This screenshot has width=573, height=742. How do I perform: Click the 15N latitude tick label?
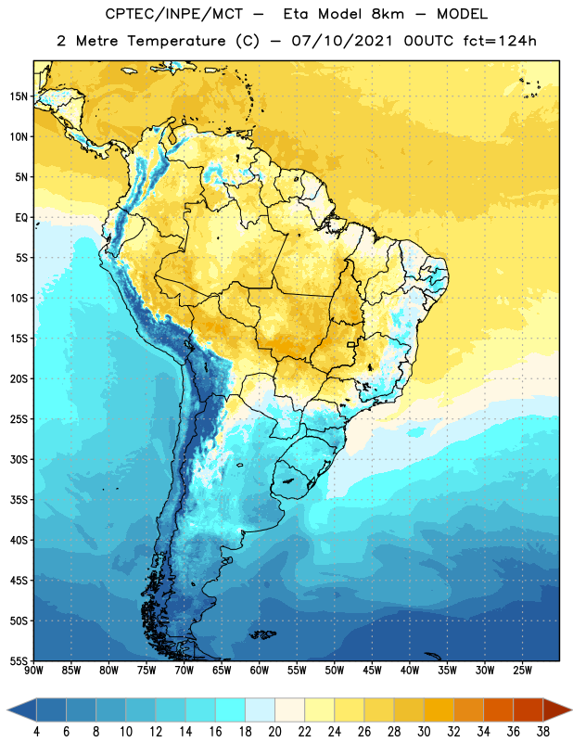pyautogui.click(x=19, y=96)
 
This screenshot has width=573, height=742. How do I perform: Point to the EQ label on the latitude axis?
pyautogui.click(x=21, y=218)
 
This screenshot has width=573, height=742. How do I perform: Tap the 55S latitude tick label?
pyautogui.click(x=19, y=661)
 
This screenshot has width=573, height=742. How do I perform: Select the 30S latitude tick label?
pyautogui.click(x=19, y=459)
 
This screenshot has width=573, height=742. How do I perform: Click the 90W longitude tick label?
pyautogui.click(x=33, y=671)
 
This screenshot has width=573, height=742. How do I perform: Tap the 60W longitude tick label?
pyautogui.click(x=260, y=671)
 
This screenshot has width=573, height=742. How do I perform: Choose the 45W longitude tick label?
pyautogui.click(x=372, y=671)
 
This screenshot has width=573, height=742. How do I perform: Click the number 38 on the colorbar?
pyautogui.click(x=543, y=732)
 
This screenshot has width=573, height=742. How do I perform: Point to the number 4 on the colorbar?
pyautogui.click(x=36, y=732)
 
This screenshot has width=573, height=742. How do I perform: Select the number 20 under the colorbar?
pyautogui.click(x=274, y=732)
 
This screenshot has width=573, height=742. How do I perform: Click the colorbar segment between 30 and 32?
pyautogui.click(x=439, y=710)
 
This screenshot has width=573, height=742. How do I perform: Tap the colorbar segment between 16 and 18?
pyautogui.click(x=230, y=710)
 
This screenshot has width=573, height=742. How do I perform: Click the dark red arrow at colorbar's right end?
pyautogui.click(x=555, y=710)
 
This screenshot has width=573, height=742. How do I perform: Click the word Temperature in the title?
pyautogui.click(x=176, y=41)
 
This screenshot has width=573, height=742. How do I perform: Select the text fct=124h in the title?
pyautogui.click(x=500, y=41)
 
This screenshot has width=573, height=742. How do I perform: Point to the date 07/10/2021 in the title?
pyautogui.click(x=342, y=41)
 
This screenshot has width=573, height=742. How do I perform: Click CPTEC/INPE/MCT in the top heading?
pyautogui.click(x=173, y=14)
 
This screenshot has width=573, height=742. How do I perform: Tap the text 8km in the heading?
pyautogui.click(x=388, y=14)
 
